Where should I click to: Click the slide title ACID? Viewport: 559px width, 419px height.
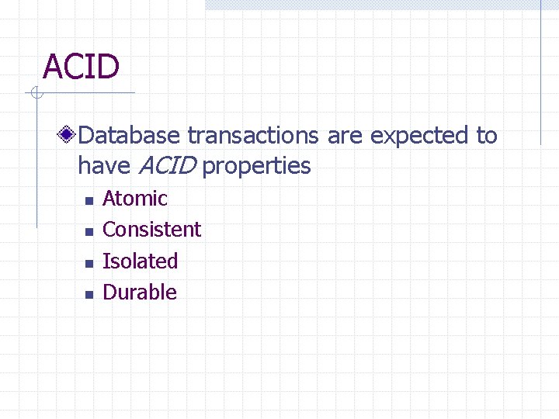(82, 67)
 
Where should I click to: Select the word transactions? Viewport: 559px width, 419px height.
(253, 136)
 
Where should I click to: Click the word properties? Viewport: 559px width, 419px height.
(256, 166)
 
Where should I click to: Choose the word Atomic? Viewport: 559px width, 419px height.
(135, 199)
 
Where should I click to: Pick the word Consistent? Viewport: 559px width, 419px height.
(151, 230)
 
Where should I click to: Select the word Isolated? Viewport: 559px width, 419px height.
(141, 261)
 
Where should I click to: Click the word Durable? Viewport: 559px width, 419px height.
(140, 293)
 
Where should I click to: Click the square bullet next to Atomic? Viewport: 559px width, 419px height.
(89, 201)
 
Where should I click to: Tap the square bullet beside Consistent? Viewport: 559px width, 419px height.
(89, 232)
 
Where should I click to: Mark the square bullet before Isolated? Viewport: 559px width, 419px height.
(89, 263)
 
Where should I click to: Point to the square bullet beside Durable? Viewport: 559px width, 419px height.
(89, 295)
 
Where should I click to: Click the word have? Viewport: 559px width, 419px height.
(105, 166)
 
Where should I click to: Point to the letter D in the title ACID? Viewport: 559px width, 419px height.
(108, 67)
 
